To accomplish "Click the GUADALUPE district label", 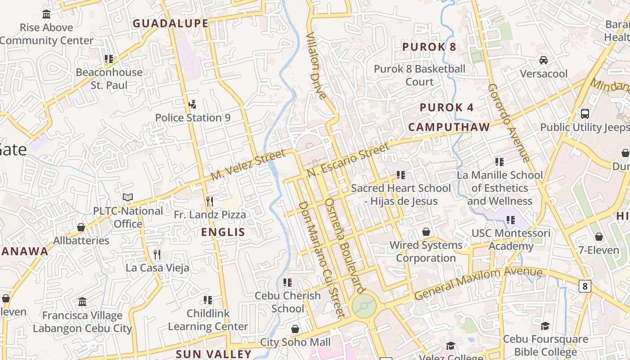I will pos(171,23).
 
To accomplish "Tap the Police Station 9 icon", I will pos(192,104).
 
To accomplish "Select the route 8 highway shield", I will pos(585,286).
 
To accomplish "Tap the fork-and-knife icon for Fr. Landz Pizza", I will pos(209,201).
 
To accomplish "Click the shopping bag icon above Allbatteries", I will pos(81,227).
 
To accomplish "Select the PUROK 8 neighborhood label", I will pos(429,47).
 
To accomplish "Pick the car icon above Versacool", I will pos(544,60).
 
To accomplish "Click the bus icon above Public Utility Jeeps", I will pos(585,113).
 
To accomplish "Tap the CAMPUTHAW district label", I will pos(449,127).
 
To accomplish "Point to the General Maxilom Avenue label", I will pos(478,283).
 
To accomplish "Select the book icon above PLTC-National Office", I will pos(128,197).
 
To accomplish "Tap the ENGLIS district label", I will pos(223,232).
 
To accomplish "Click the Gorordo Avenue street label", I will pos(509,122).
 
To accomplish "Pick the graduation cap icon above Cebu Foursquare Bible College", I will pos(545,326).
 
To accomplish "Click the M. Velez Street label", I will pos(248,166).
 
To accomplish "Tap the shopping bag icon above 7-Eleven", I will pos(599,237).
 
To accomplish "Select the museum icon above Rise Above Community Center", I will pos(46,14).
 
